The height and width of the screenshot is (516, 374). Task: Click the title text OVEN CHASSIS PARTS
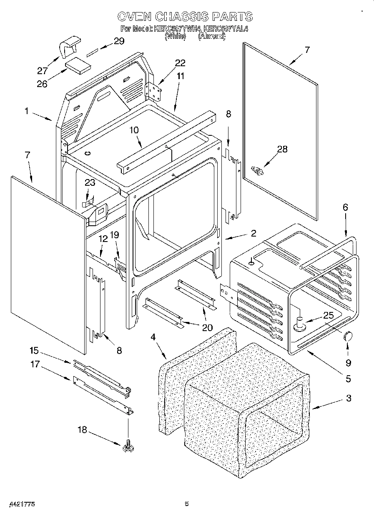(185, 16)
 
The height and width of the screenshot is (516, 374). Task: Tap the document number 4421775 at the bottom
(20, 504)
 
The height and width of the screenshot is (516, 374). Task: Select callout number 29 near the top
(119, 41)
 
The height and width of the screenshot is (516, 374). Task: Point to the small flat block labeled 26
(78, 66)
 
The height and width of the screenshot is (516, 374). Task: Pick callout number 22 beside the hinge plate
(180, 63)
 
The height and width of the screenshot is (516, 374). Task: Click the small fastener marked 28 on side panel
(257, 170)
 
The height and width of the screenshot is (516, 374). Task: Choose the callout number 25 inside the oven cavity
(329, 315)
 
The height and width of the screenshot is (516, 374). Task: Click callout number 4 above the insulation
(153, 337)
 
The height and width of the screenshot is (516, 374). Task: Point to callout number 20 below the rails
(207, 327)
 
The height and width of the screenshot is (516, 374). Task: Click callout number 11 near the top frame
(180, 76)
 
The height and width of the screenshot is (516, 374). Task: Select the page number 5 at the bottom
(187, 504)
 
